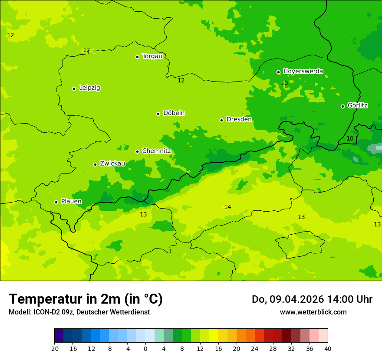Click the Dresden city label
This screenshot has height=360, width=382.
(x=239, y=119)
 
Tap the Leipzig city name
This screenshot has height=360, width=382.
(x=89, y=88)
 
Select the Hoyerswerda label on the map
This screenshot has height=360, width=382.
(x=303, y=71)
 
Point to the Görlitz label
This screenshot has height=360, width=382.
(x=358, y=105)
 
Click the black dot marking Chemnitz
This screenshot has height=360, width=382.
(x=137, y=151)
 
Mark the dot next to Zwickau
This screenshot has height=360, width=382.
(x=95, y=164)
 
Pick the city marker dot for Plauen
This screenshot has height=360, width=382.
(x=56, y=202)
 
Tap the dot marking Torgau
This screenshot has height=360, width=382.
(x=137, y=57)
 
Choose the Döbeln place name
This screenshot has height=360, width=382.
(x=174, y=113)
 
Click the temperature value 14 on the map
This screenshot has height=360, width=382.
(x=227, y=207)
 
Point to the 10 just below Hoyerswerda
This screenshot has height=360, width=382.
(x=284, y=83)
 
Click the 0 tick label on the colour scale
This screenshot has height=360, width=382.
(x=145, y=348)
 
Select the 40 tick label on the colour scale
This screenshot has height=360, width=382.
(x=328, y=348)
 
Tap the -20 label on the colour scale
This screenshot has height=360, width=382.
(x=54, y=348)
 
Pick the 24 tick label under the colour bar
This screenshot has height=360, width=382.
(x=255, y=348)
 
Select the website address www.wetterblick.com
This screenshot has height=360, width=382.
(x=313, y=312)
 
